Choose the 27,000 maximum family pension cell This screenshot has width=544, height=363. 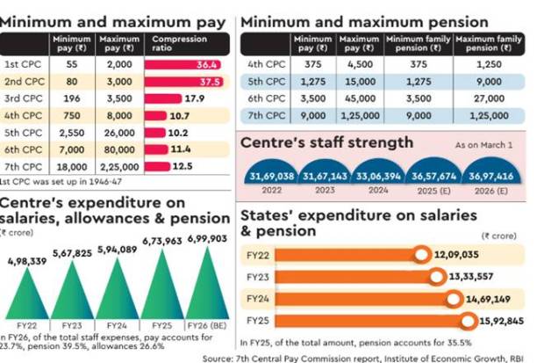(488, 98)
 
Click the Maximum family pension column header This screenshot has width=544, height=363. (488, 44)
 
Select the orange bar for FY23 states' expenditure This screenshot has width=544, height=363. (342, 278)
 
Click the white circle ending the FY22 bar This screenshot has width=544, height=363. (422, 256)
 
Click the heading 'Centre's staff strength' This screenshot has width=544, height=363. (326, 142)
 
